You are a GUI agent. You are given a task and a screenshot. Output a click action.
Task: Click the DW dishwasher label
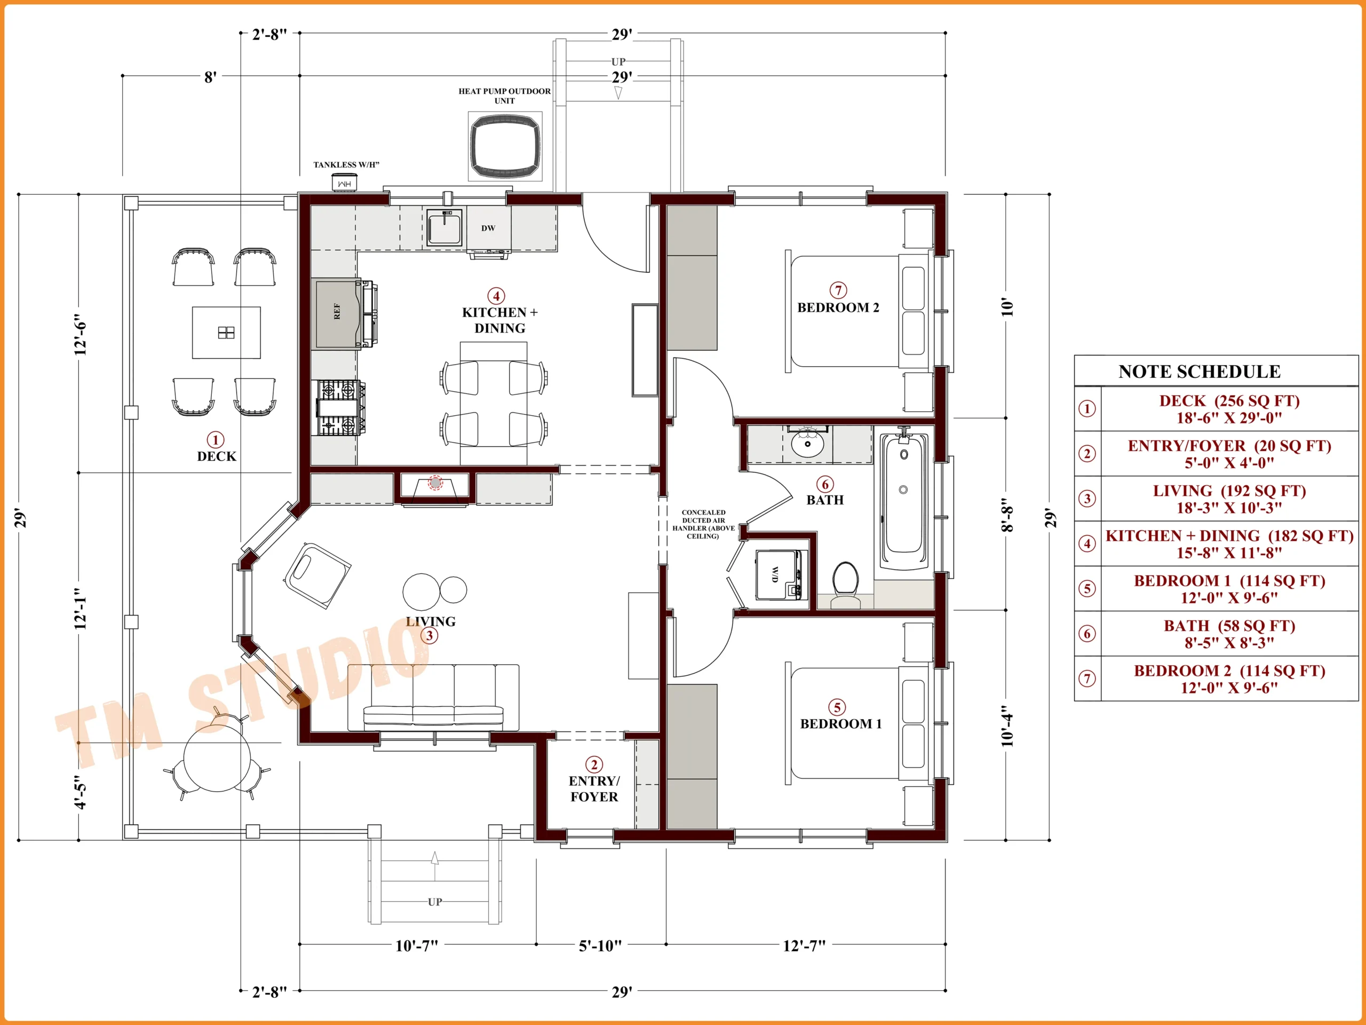pos(488,228)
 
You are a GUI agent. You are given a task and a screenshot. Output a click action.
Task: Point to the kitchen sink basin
pos(444,227)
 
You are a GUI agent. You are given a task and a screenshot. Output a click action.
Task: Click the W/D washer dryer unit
pos(780,575)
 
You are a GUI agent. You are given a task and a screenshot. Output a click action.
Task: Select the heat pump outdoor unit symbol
pos(505,146)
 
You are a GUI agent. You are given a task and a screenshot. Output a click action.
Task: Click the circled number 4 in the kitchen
pos(496,296)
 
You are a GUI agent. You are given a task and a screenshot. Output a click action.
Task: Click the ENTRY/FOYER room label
pos(594,789)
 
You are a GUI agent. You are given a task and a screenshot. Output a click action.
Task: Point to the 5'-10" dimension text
pos(600,946)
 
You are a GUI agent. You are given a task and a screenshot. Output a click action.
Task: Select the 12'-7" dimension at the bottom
pos(804,946)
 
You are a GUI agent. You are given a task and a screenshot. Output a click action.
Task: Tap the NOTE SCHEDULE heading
pos(1200,372)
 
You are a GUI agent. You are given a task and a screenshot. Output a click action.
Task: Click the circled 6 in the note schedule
pos(1087,633)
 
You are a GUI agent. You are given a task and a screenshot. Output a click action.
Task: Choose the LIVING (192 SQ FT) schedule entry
pos(1229,499)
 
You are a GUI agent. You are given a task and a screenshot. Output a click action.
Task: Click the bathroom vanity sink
pos(807,443)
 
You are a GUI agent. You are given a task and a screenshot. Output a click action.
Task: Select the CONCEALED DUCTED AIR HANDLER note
pos(703,524)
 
